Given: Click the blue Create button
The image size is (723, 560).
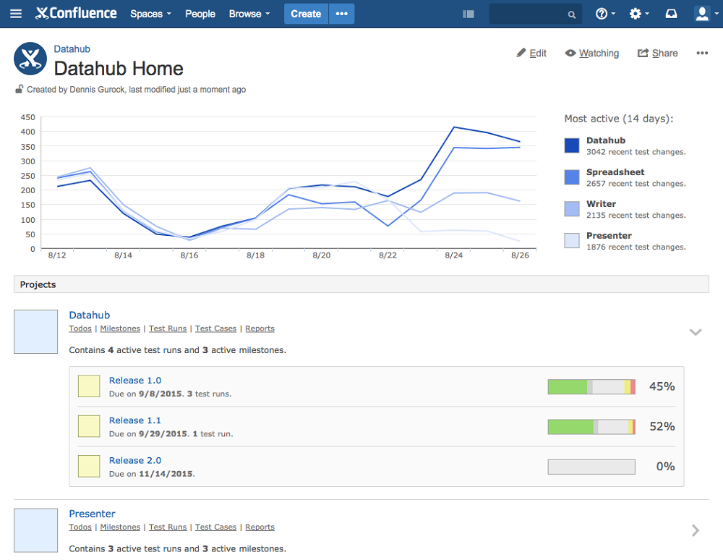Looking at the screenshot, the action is click(306, 14).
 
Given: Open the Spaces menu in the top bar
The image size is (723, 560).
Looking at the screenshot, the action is click(150, 14).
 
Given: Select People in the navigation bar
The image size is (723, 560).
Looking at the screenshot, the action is click(200, 14).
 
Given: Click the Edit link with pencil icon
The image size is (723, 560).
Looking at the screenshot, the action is click(531, 53).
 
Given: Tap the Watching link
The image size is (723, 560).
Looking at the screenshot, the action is click(592, 53).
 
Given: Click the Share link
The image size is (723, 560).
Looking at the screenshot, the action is click(657, 53).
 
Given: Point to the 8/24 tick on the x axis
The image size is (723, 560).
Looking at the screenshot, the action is click(454, 255).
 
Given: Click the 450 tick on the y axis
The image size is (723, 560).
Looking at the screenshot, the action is click(27, 117).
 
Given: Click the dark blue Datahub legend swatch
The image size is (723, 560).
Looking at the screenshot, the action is click(572, 145).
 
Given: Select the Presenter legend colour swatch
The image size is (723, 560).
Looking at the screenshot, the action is click(572, 240).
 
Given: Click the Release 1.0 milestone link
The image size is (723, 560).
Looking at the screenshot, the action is click(135, 380).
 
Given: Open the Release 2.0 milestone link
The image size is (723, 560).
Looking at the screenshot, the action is click(135, 460).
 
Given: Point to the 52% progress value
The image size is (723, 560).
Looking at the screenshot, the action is click(662, 426).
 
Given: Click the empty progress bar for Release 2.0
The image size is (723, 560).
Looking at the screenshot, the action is click(591, 467).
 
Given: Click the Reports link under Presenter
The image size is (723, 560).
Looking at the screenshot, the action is click(260, 527).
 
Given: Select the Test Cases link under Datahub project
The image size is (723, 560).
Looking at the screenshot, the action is click(215, 328).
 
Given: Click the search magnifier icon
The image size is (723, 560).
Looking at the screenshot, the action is click(572, 14).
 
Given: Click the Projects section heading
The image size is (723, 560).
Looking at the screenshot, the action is click(38, 284).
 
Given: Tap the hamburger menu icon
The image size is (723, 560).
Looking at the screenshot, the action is click(16, 13).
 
